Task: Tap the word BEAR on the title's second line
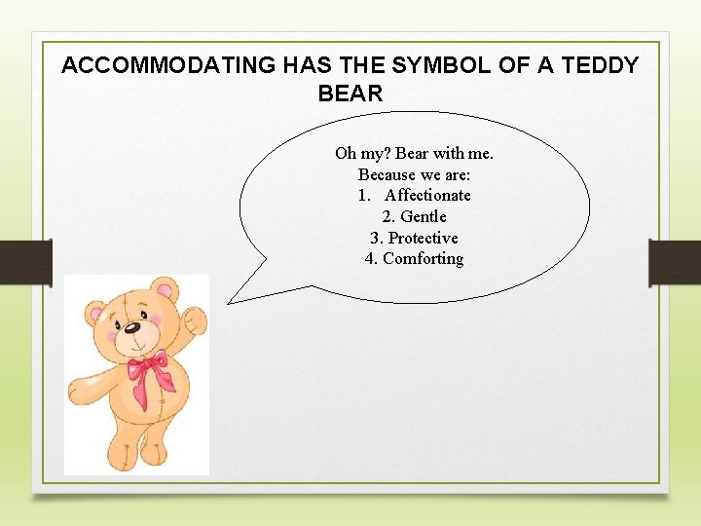pos(350,94)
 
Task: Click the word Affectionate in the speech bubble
pos(427,195)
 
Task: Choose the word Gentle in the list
pos(424,216)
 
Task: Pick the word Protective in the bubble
pos(423,238)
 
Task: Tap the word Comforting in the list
pos(423,258)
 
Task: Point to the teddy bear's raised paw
pos(197,319)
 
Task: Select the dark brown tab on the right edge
pos(675,262)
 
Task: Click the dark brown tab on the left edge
pos(25,262)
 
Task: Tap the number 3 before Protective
pos(375,238)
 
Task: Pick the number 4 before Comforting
pos(370,258)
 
